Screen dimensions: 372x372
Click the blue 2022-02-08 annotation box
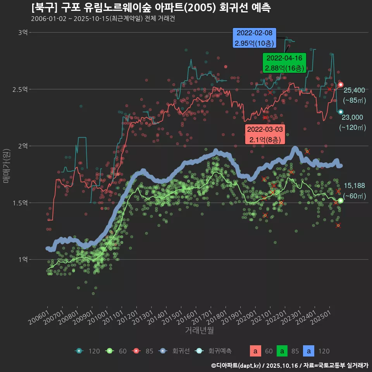(x=254, y=38)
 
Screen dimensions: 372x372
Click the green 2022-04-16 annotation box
(x=284, y=63)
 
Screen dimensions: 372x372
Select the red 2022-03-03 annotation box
(x=265, y=134)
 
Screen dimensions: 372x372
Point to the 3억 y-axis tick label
(x=22, y=33)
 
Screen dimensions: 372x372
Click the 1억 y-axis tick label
(x=22, y=259)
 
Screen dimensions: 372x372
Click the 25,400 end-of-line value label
(x=354, y=90)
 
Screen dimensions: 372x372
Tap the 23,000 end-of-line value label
(x=352, y=117)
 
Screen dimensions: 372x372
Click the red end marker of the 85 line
(x=341, y=84)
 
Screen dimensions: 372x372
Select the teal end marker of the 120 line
(x=341, y=112)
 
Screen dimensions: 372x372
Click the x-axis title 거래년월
(x=199, y=331)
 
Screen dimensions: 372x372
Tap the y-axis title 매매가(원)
(x=6, y=165)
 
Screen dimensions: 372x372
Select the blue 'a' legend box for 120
(x=308, y=351)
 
